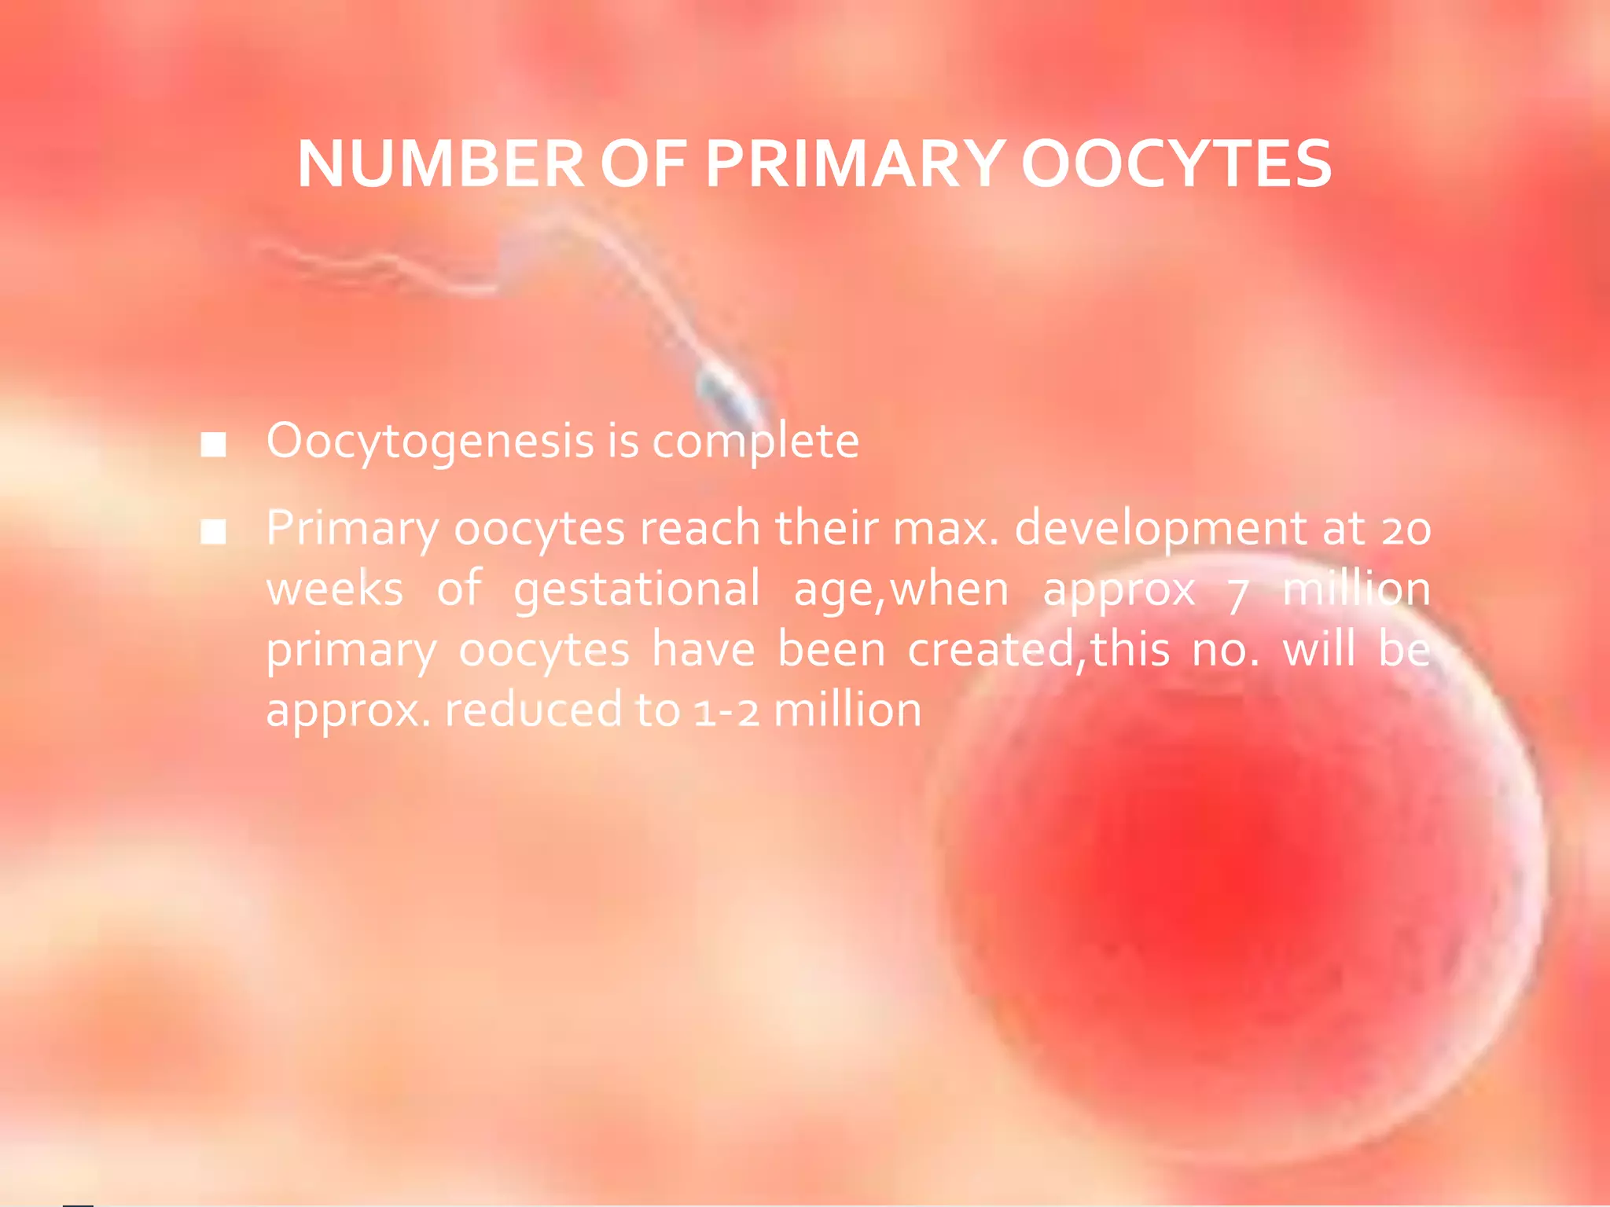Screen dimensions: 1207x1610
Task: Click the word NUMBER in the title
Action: [440, 164]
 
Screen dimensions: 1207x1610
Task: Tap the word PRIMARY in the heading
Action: [855, 164]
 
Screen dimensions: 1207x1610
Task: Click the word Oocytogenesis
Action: [429, 442]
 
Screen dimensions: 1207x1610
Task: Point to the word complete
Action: [755, 442]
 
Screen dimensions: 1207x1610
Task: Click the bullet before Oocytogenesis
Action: [213, 445]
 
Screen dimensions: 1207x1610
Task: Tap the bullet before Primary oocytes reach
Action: [213, 532]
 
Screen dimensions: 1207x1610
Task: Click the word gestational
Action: [637, 590]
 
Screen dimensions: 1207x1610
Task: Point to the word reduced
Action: [534, 710]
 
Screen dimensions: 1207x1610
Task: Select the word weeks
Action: [335, 590]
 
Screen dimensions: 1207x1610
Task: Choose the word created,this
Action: [1038, 651]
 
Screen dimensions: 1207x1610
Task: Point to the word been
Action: [831, 651]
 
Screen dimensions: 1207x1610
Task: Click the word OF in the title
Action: [643, 164]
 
